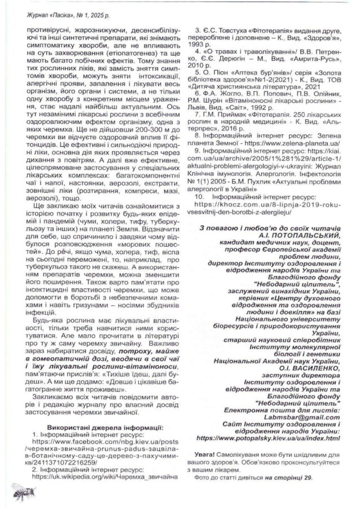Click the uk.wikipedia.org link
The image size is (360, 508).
[x=101, y=477]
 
